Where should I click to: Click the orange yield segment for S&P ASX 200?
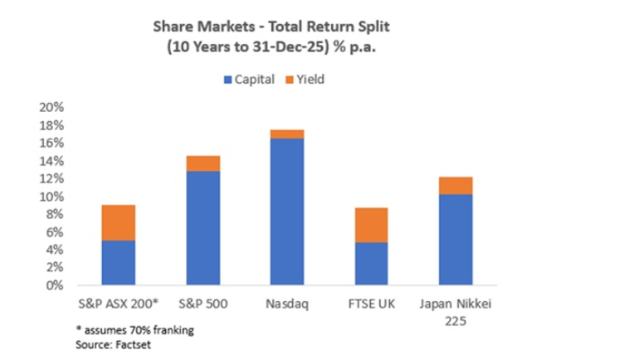(119, 222)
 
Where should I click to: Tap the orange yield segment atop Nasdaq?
(287, 134)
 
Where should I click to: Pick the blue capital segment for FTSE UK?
(371, 263)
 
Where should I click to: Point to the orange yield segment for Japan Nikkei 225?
(455, 185)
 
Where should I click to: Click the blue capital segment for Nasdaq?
(287, 212)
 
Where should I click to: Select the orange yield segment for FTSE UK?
(371, 225)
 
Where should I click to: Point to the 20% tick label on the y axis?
(52, 108)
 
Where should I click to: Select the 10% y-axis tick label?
(52, 197)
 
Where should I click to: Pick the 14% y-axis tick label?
(52, 161)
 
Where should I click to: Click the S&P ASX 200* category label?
(119, 303)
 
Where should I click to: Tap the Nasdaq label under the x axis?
(287, 303)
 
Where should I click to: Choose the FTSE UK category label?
(371, 303)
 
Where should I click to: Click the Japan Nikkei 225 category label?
(455, 309)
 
